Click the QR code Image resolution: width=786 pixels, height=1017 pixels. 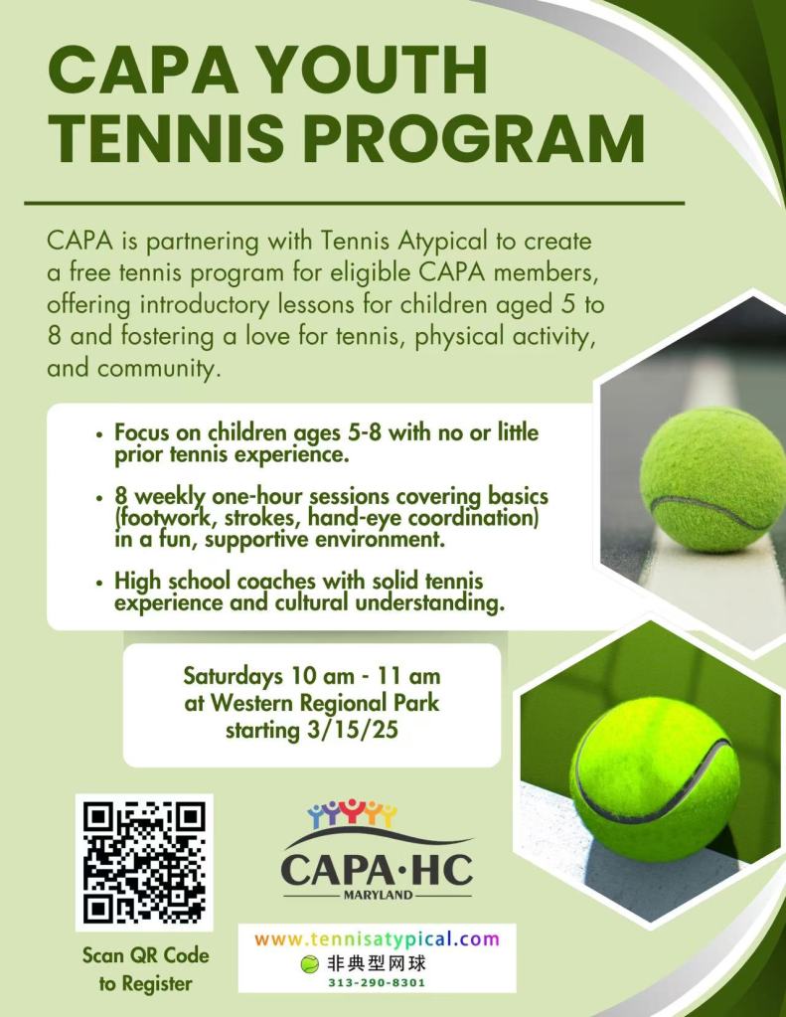(x=144, y=862)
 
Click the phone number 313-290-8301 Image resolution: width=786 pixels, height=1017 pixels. (x=377, y=982)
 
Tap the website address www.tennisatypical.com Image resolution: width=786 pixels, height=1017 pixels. (x=377, y=939)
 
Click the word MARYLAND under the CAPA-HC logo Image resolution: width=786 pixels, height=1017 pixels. (x=377, y=895)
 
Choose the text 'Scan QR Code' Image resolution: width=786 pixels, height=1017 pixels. (x=146, y=955)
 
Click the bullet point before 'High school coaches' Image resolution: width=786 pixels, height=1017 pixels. (x=99, y=581)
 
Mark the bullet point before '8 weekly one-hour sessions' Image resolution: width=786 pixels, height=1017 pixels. (x=99, y=496)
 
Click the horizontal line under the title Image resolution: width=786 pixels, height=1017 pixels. (x=354, y=202)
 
